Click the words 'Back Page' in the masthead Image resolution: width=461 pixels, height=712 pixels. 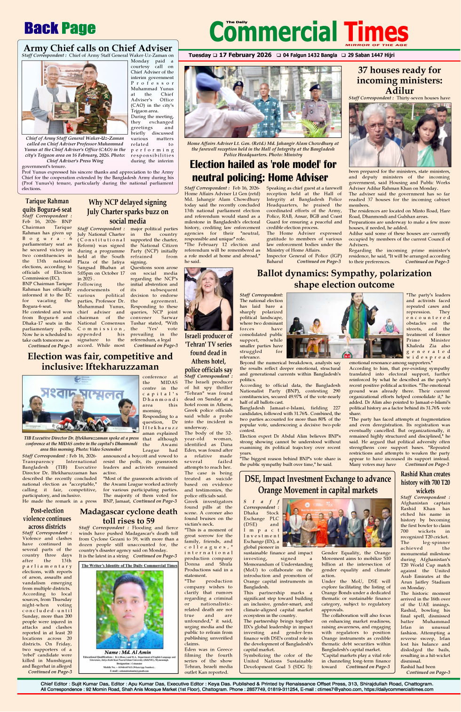click(60, 29)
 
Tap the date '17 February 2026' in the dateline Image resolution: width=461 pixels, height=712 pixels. click(245, 55)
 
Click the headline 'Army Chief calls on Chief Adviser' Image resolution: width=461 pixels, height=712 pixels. click(98, 48)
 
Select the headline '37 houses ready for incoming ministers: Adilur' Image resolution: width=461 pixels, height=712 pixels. click(399, 80)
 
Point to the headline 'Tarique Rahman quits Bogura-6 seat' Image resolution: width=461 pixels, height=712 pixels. click(47, 205)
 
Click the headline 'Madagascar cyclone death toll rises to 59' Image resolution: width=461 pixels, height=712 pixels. click(128, 516)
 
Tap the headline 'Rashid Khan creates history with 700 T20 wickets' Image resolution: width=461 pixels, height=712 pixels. click(425, 482)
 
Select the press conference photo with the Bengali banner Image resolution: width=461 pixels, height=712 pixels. click(80, 404)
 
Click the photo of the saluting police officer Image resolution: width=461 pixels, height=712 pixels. click(262, 102)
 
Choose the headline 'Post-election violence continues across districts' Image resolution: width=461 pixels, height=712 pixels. click(47, 519)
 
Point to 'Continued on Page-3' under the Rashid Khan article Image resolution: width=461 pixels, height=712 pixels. click(427, 672)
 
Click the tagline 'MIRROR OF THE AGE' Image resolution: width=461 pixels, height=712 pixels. click(376, 45)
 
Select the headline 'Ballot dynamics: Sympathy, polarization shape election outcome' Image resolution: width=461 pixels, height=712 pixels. click(344, 279)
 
